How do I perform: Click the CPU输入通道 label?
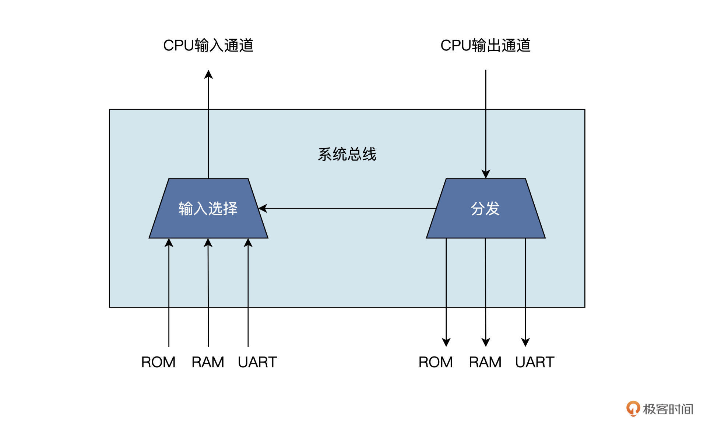click(208, 45)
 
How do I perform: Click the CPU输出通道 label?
click(485, 45)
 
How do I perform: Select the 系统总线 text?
click(347, 154)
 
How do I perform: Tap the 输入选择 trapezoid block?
click(208, 209)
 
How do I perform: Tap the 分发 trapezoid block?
click(485, 209)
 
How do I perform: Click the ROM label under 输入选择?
click(158, 362)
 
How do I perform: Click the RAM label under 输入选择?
click(208, 362)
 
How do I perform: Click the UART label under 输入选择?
click(257, 362)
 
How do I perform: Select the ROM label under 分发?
click(436, 362)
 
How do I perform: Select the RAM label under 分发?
click(485, 362)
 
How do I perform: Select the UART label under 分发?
click(535, 362)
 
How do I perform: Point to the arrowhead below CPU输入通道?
click(208, 74)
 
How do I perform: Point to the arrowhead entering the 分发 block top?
click(486, 174)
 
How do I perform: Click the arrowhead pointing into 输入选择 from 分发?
click(263, 208)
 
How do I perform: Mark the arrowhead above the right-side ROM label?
click(446, 342)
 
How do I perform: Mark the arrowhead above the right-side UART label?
click(525, 342)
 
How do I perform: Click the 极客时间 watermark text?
click(668, 409)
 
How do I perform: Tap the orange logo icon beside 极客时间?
click(633, 408)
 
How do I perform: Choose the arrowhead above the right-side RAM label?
click(486, 342)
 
